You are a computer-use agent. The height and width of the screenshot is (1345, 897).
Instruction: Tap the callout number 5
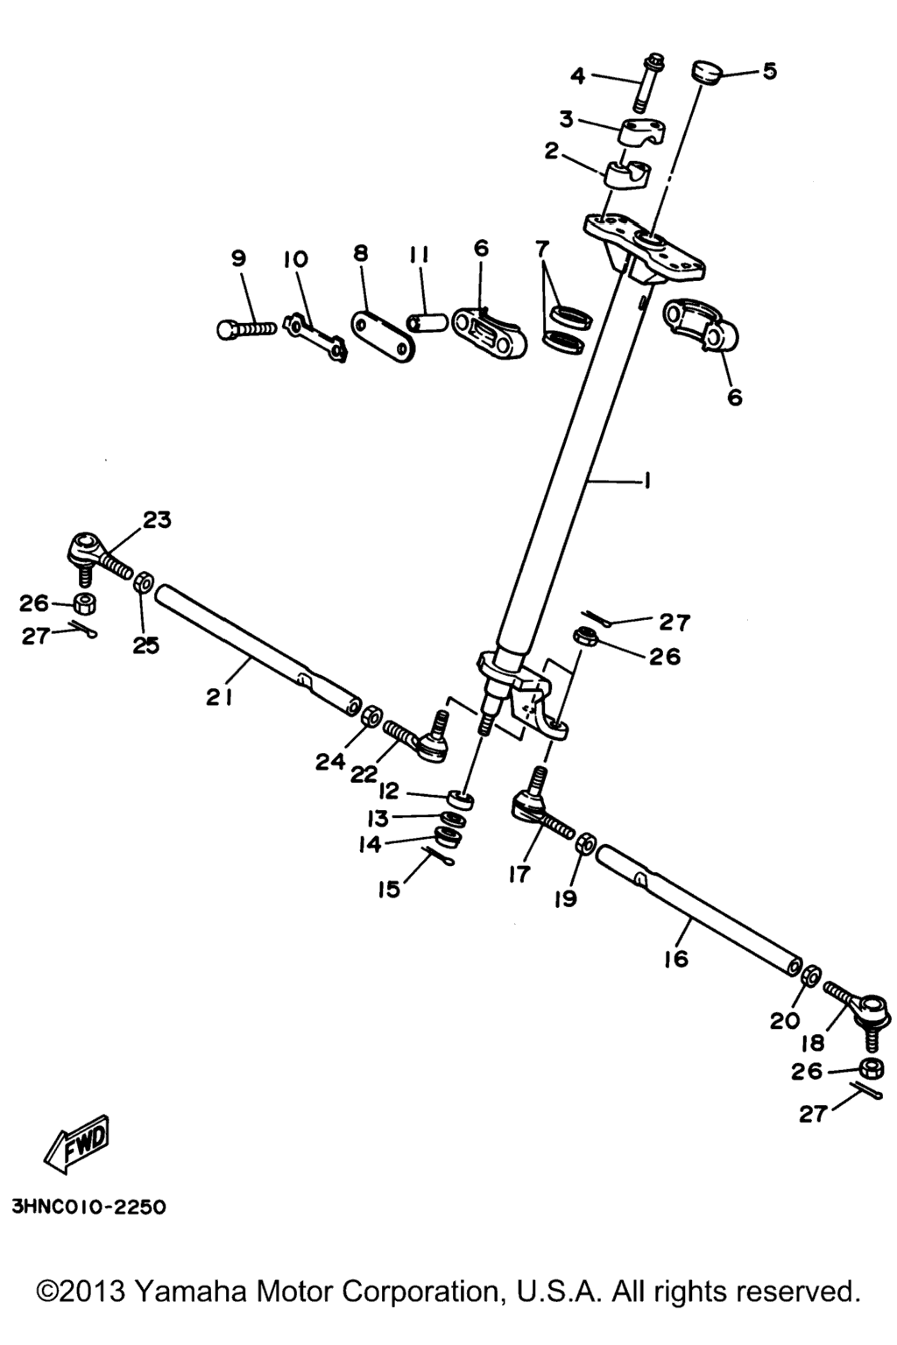[769, 71]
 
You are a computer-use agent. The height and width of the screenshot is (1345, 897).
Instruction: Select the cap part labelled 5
[707, 73]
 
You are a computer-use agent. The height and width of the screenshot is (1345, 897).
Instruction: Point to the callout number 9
[238, 258]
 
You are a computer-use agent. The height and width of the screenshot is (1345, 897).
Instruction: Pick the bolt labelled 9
[246, 329]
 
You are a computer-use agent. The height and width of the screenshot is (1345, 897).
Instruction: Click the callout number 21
[220, 697]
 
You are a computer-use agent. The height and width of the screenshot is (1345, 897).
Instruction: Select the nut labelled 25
[143, 581]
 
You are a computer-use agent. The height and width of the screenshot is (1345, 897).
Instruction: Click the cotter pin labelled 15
[438, 856]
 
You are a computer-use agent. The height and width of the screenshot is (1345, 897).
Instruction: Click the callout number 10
[295, 259]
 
